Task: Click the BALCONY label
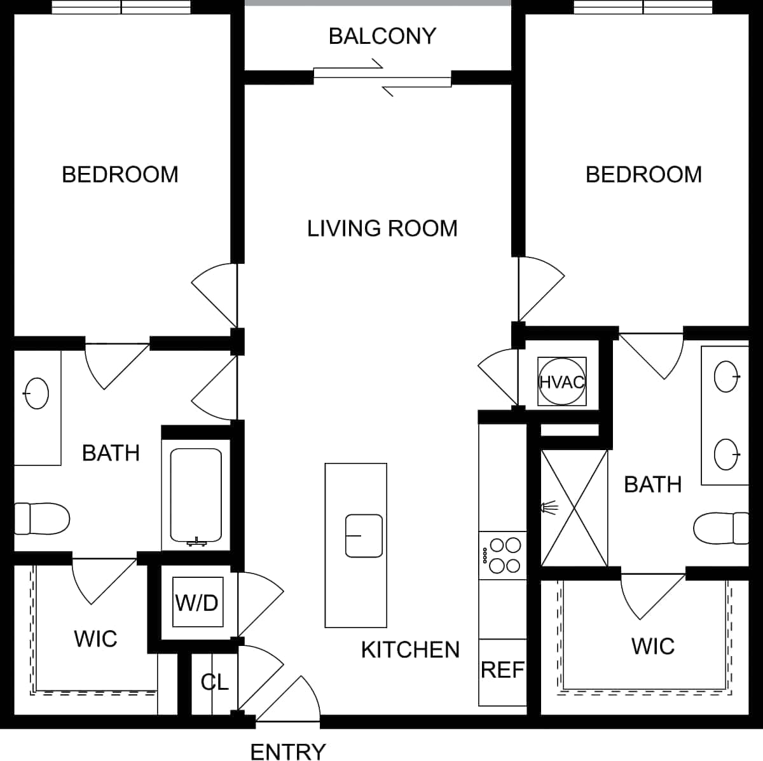pos(382,36)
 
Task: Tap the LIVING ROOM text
pos(382,228)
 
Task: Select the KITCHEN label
pos(410,650)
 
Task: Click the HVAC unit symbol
pos(561,382)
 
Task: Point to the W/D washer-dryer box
pos(198,602)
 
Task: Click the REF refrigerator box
pos(502,670)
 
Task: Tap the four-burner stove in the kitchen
pos(502,555)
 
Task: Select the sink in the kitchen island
pos(364,535)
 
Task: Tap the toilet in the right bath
pos(721,528)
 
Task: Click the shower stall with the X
pos(574,507)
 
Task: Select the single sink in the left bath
pos(36,394)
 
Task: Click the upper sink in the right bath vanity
pos(727,377)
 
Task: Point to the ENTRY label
pos(288,752)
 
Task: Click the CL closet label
pos(214,682)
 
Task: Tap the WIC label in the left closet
pos(95,639)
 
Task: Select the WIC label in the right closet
pos(652,647)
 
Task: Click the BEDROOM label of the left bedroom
pos(120,175)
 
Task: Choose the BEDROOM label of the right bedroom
pos(643,175)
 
